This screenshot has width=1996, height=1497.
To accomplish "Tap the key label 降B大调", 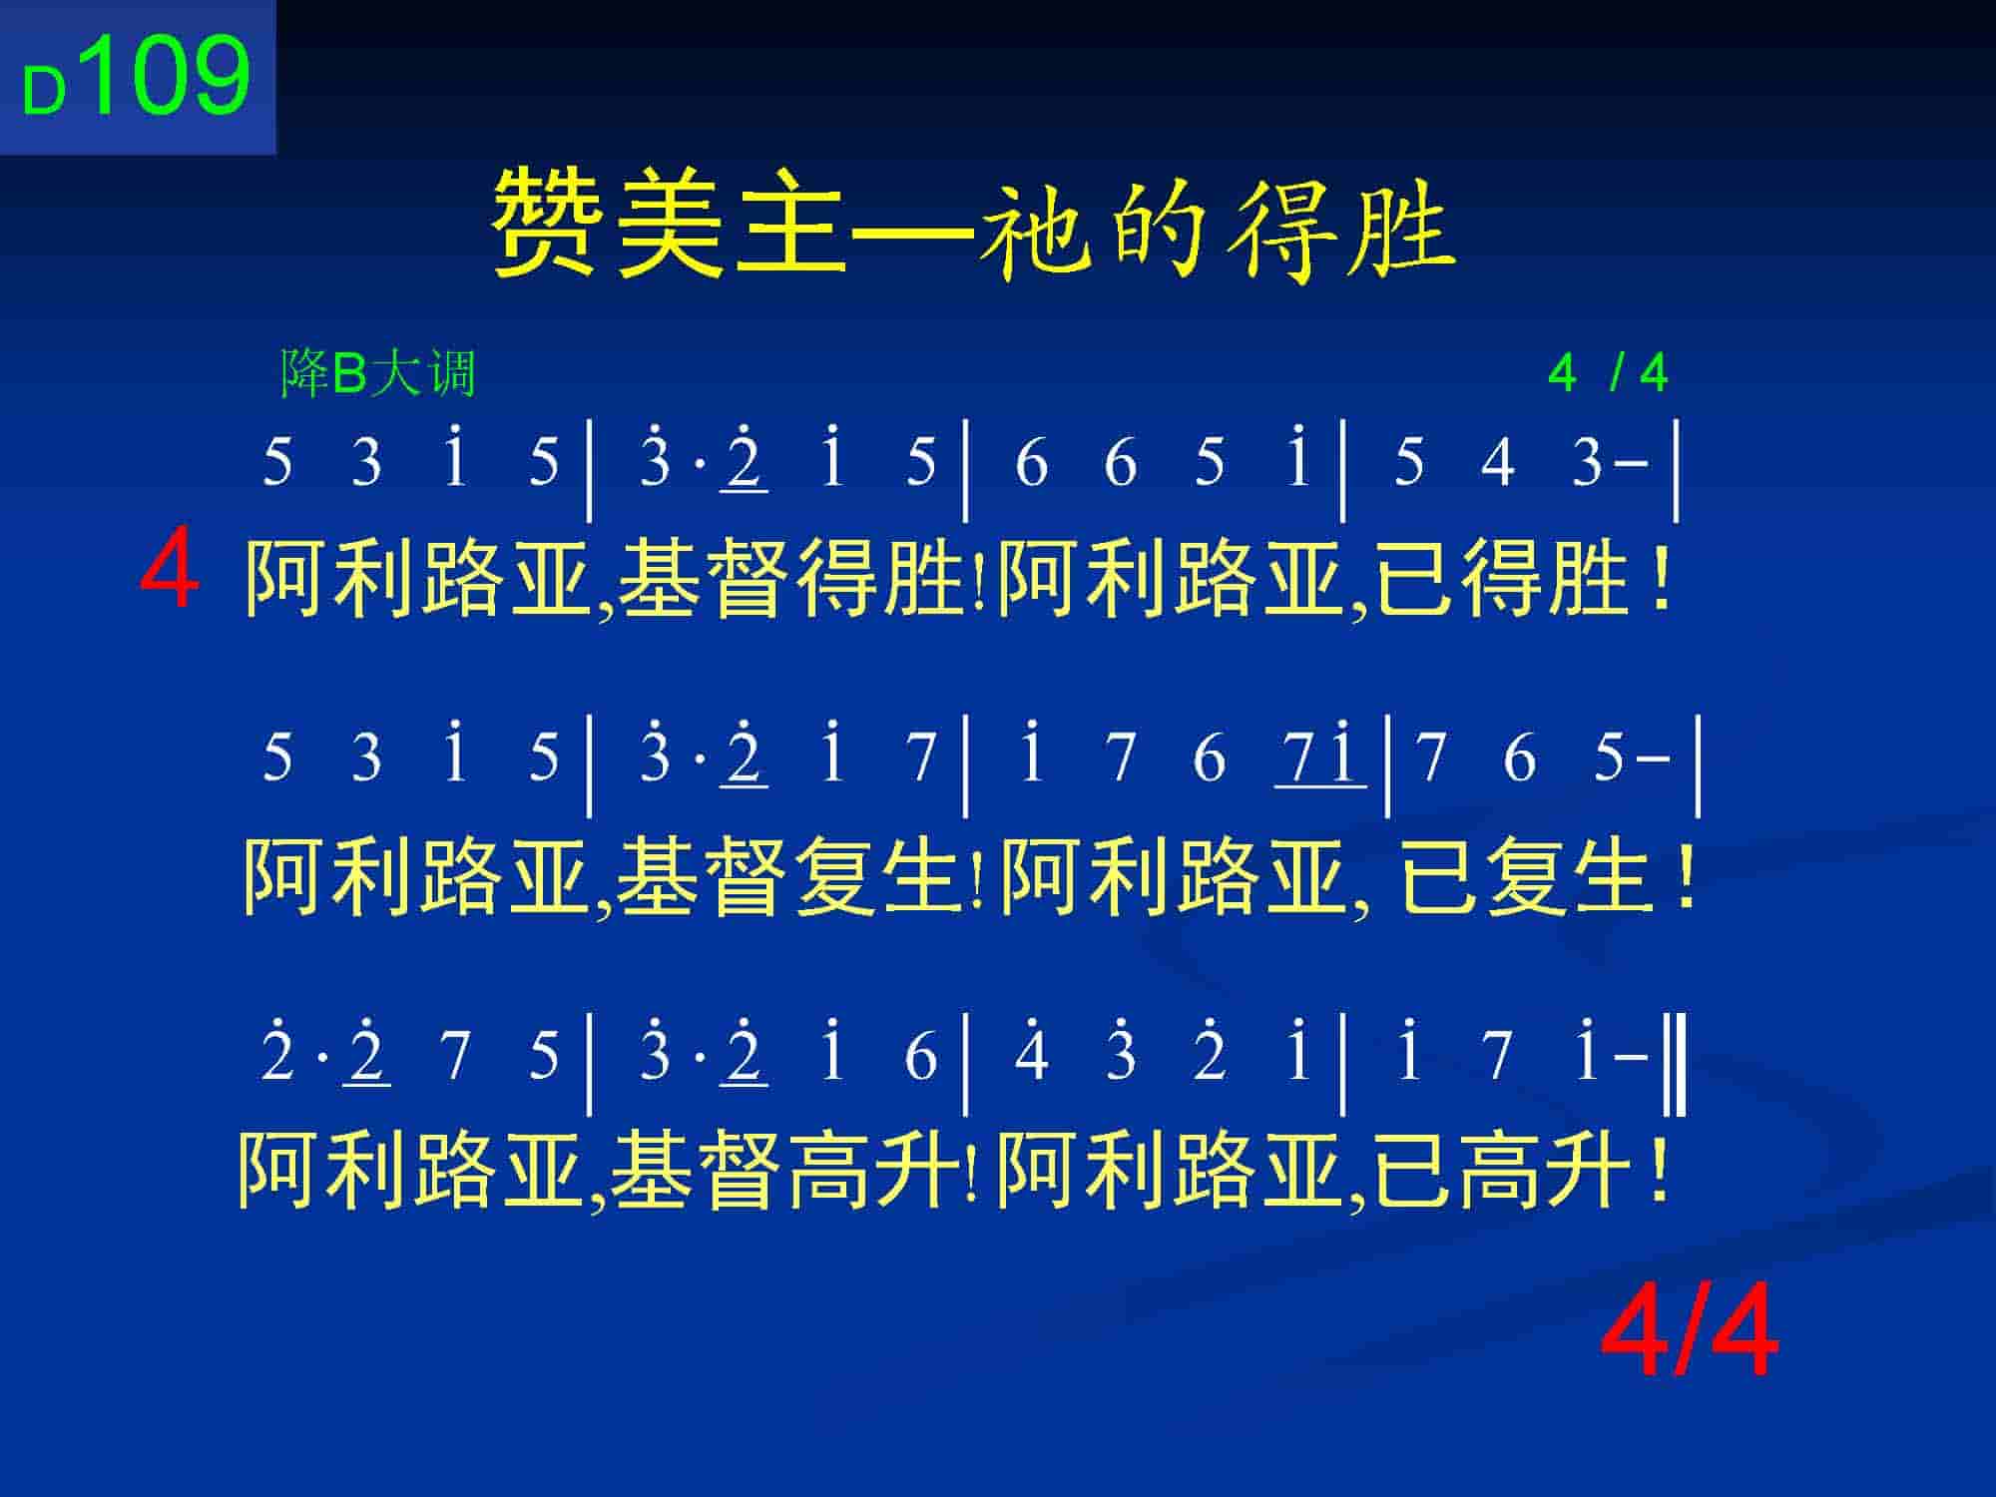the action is click(378, 374).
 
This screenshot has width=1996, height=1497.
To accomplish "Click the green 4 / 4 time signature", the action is click(1608, 374).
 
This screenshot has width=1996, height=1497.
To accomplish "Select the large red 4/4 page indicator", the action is click(1689, 1332).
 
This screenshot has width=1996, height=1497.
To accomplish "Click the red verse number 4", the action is click(170, 572).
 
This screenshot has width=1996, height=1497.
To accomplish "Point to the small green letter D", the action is click(44, 92).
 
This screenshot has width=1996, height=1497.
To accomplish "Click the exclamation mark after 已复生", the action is click(1686, 876).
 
